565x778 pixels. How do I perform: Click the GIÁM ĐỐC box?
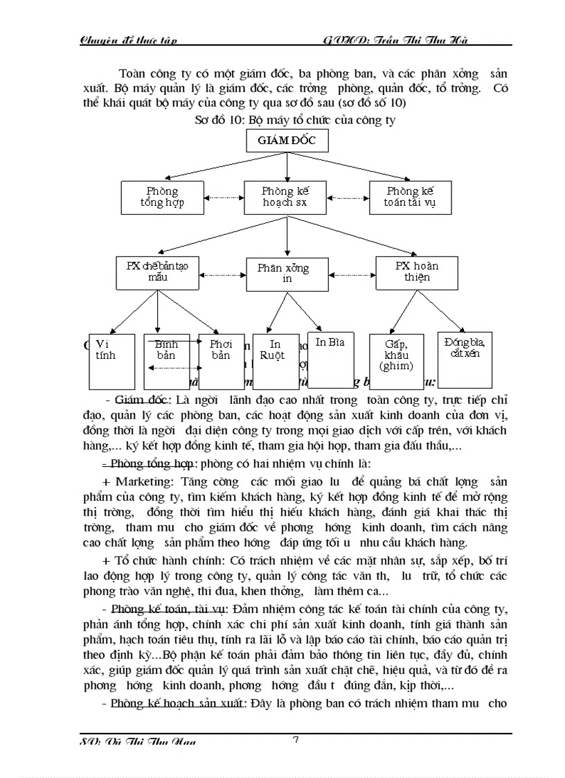click(287, 141)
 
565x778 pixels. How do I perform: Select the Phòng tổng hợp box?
click(162, 197)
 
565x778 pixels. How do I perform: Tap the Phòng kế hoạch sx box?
click(285, 197)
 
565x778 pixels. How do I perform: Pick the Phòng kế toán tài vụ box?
click(410, 197)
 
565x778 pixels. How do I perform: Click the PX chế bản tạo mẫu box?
click(157, 272)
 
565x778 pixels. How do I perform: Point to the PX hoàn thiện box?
click(417, 272)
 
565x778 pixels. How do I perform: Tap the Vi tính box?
click(111, 361)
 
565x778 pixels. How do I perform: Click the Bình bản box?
click(166, 361)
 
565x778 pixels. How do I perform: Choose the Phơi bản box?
click(220, 361)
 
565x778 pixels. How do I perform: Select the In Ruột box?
click(275, 361)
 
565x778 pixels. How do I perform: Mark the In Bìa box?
click(330, 360)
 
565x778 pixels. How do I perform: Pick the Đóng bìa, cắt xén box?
click(465, 360)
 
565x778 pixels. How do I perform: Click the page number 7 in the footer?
click(296, 741)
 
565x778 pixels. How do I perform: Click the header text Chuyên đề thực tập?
click(129, 39)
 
